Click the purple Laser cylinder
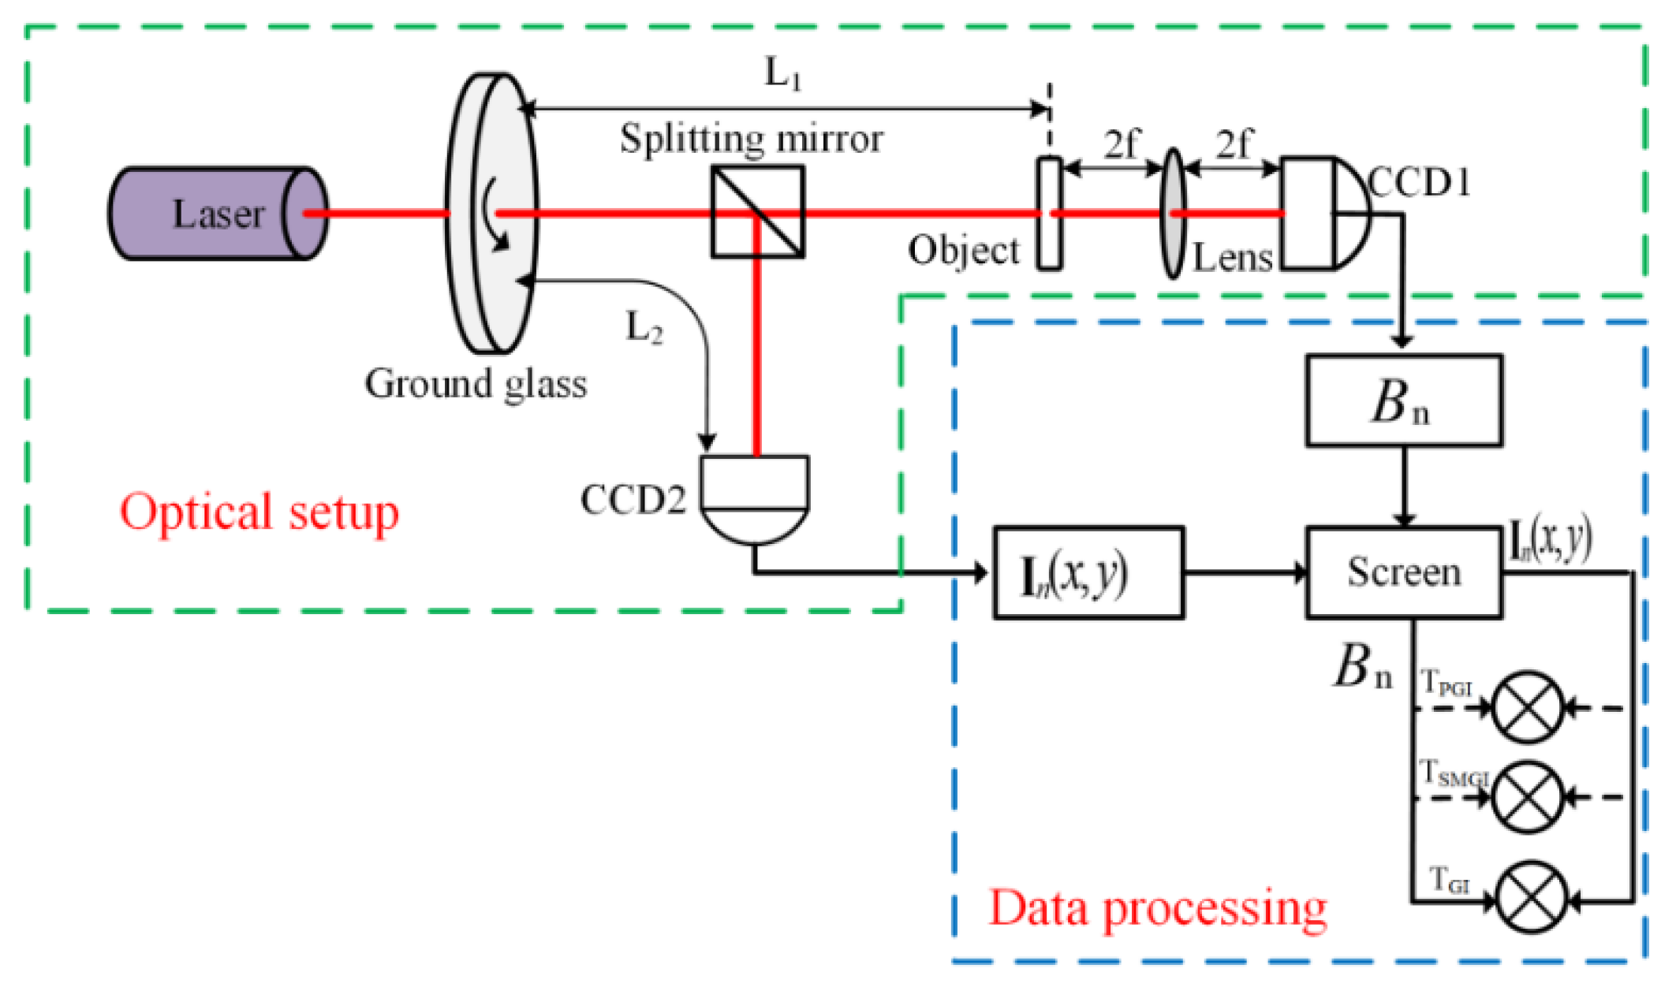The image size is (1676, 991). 213,214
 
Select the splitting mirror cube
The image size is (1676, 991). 757,211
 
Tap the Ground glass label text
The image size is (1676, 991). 476,385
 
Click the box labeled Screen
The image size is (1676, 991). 1404,572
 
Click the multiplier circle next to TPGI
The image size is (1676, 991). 1529,707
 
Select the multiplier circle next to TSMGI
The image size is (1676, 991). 1529,797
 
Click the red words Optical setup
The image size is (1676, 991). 259,512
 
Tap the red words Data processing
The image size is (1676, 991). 1158,908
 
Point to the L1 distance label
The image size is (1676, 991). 783,75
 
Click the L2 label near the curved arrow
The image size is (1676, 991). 644,327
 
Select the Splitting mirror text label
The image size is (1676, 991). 751,140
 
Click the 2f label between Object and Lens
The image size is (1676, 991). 1122,144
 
